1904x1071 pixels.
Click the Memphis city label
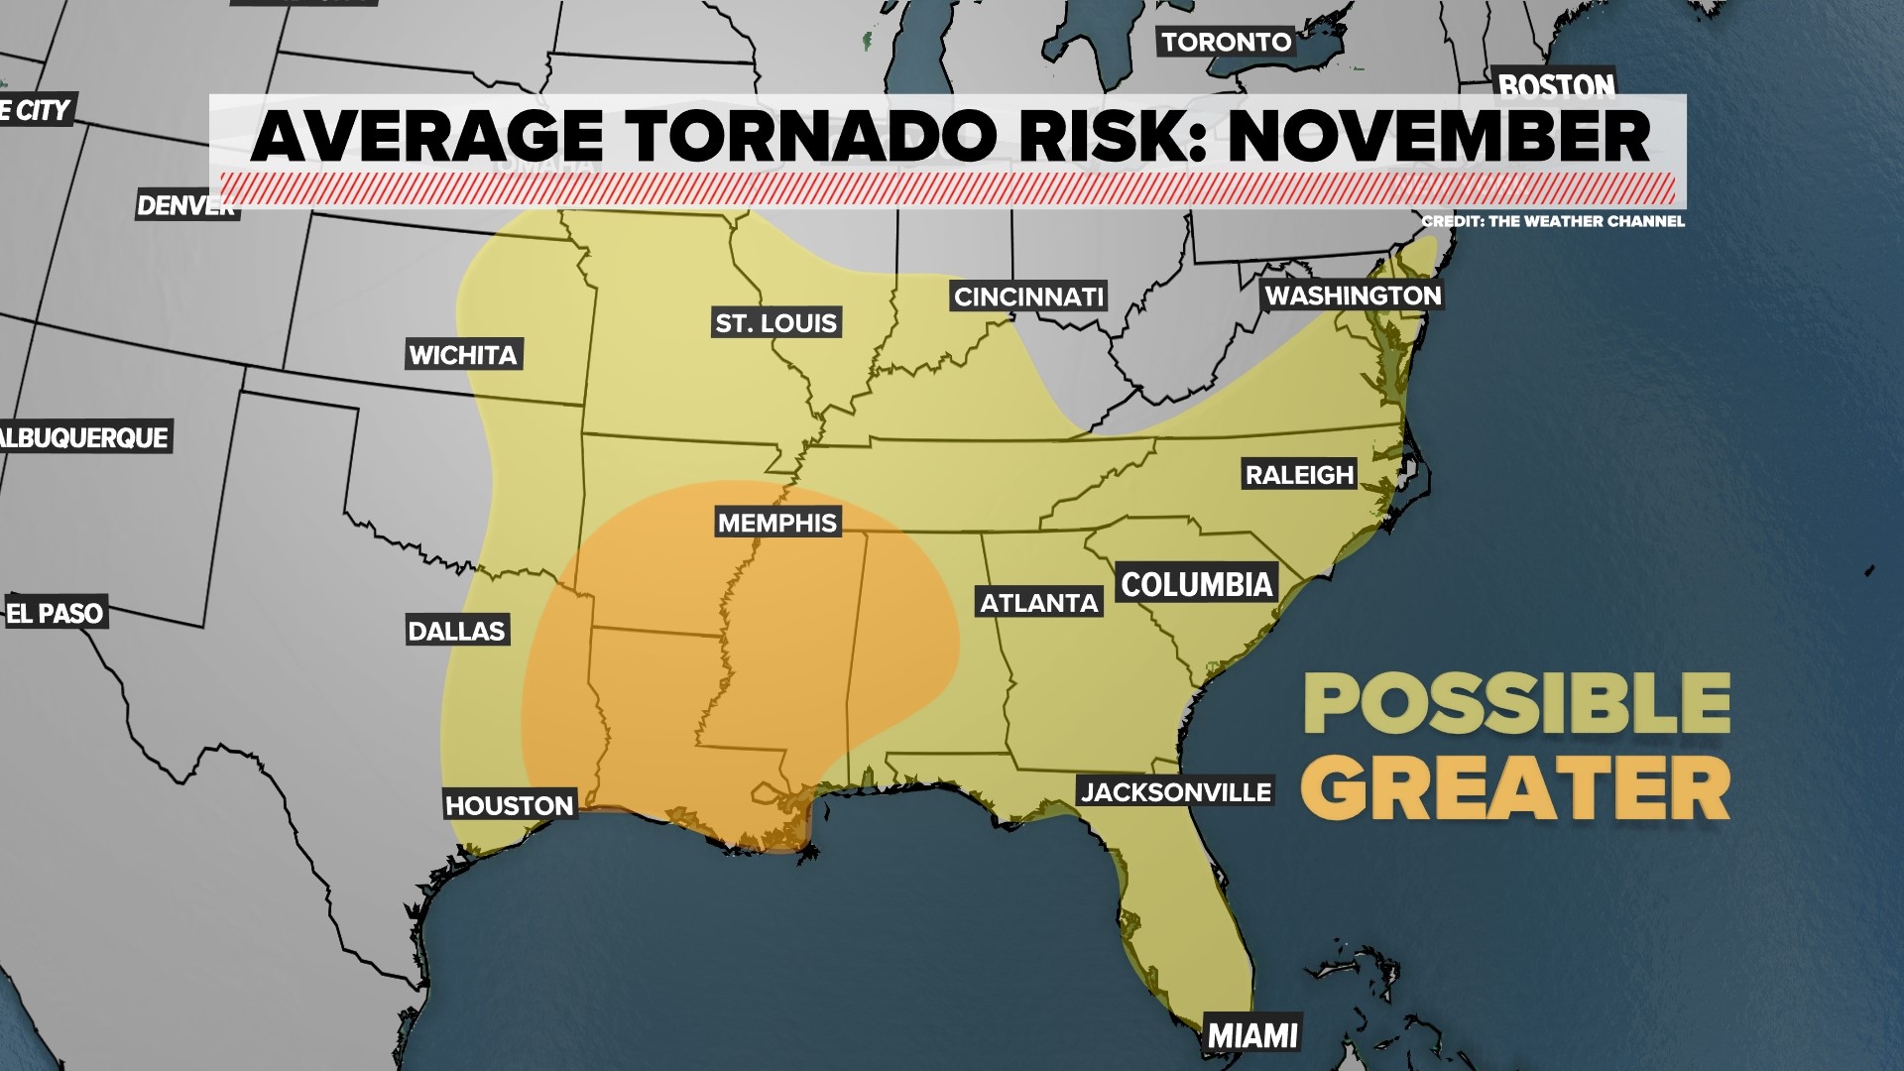[777, 523]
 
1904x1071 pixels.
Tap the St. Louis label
[776, 322]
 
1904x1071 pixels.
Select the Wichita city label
[463, 355]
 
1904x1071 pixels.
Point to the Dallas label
[457, 631]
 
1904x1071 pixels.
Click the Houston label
[510, 805]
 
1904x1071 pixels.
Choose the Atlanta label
[1039, 602]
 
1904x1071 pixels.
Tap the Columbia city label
[1196, 584]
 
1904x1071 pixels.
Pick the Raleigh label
[1299, 475]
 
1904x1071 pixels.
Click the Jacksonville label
[1175, 791]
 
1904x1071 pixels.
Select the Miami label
[1252, 1035]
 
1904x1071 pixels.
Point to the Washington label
[1353, 296]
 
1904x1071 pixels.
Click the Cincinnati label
[1028, 297]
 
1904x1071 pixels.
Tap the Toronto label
[1227, 42]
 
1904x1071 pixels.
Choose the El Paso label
[56, 613]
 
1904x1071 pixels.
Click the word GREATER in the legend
[1515, 788]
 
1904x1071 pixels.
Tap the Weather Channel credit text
[1553, 221]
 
